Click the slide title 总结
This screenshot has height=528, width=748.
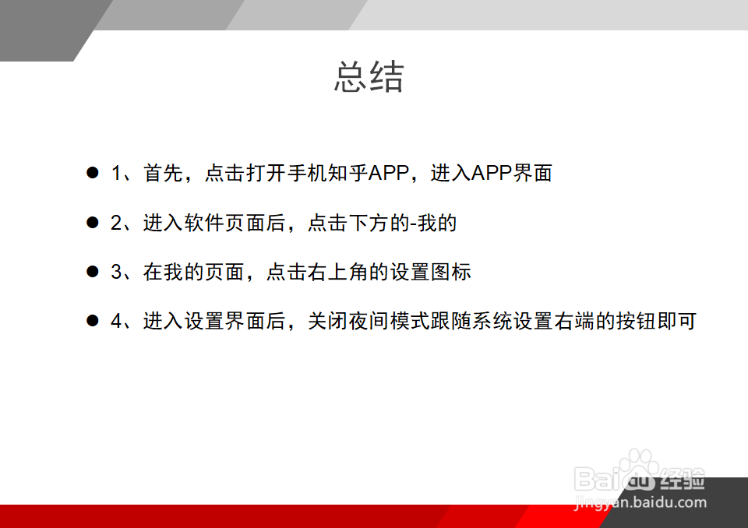[x=369, y=78]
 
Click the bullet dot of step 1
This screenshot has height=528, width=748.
[x=93, y=173]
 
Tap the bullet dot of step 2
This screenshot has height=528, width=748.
[x=93, y=223]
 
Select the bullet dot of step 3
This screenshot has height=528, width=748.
[x=93, y=272]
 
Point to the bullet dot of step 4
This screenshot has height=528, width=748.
[x=93, y=321]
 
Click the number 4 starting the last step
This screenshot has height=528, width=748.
[x=117, y=322]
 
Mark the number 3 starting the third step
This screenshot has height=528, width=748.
[x=117, y=273]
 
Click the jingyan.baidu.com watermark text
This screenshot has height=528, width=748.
[x=640, y=503]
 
